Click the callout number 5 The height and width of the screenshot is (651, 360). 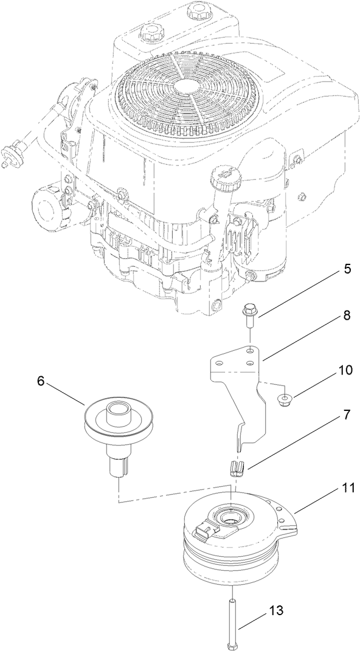tap(347, 269)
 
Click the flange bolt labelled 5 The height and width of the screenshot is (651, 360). tap(249, 315)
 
